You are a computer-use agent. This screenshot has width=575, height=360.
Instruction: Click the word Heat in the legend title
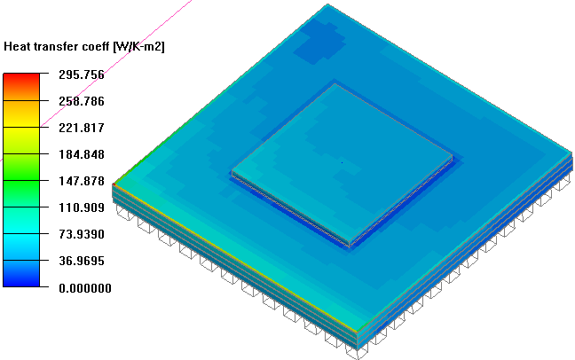tap(20, 45)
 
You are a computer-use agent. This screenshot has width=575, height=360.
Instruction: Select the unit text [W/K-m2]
tap(138, 45)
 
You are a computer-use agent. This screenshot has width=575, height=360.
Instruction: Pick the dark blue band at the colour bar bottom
tap(20, 278)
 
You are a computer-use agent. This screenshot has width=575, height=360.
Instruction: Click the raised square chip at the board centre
tap(342, 164)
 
